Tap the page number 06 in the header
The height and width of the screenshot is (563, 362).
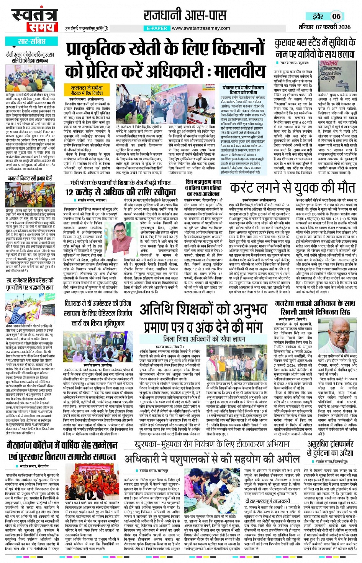pyautogui.click(x=336, y=16)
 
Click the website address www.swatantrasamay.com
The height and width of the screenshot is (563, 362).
pyautogui.click(x=201, y=28)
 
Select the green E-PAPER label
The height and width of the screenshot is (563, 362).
pyautogui.click(x=156, y=28)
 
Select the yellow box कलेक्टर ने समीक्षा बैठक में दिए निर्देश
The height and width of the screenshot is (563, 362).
pyautogui.click(x=87, y=91)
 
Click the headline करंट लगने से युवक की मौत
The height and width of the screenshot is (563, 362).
pyautogui.click(x=293, y=188)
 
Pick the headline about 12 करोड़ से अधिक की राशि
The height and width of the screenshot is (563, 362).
pyautogui.click(x=120, y=192)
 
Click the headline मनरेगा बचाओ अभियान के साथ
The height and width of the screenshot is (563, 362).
pyautogui.click(x=315, y=303)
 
